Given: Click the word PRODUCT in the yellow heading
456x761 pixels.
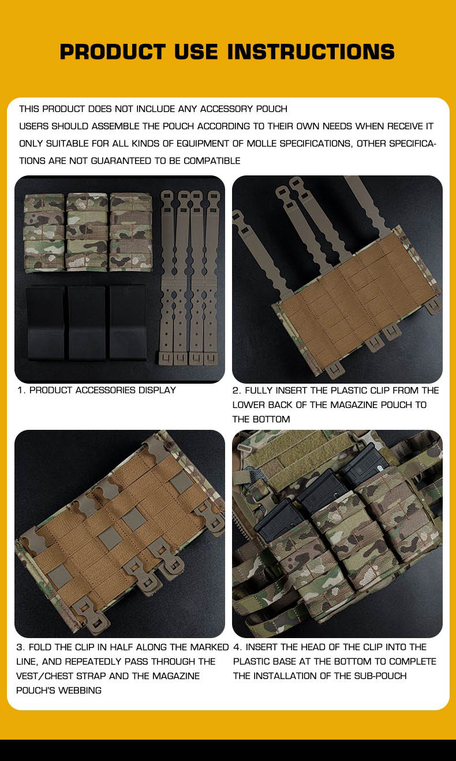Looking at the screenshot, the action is (x=113, y=52).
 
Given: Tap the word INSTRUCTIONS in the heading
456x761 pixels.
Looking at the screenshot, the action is (x=311, y=52).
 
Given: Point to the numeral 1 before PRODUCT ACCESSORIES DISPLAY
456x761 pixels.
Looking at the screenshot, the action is (x=20, y=390).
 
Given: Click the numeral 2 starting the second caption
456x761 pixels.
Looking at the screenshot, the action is (x=236, y=391).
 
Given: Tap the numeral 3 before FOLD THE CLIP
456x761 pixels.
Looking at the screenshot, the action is (x=20, y=647).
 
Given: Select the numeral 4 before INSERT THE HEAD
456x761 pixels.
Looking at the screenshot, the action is (x=236, y=647).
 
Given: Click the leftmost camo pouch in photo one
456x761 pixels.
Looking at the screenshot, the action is (x=44, y=233).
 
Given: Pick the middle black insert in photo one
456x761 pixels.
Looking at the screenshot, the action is (x=87, y=323).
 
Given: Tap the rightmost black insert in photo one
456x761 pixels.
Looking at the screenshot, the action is (x=128, y=322).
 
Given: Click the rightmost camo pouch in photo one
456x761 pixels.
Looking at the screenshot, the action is (x=130, y=232).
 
